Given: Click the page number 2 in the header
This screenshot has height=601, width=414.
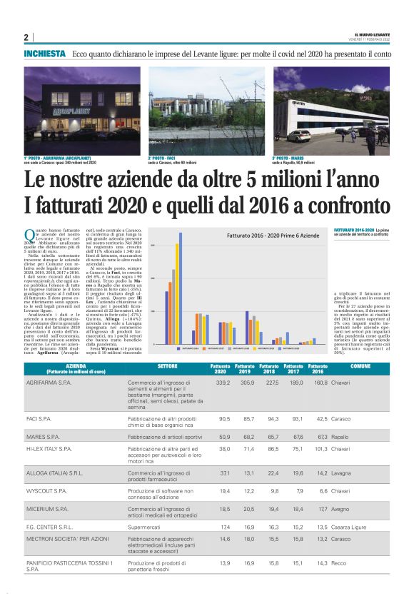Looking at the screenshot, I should pos(26,38).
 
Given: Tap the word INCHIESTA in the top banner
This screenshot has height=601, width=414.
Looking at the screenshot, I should pos(44,54).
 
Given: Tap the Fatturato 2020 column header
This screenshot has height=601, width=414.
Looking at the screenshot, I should pos(221,368).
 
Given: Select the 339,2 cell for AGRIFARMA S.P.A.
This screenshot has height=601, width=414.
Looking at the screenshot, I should pos(222,383).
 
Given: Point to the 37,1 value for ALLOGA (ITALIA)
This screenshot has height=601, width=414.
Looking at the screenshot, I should pos(224,472).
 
